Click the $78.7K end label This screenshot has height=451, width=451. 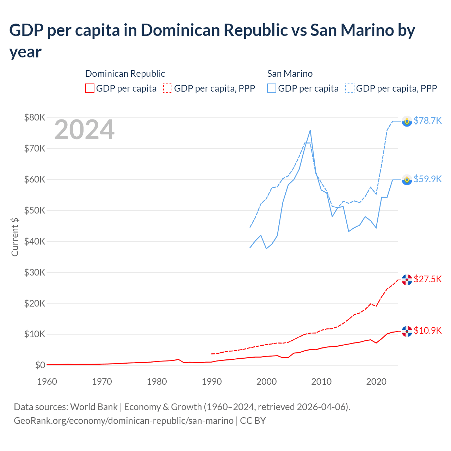point(427,121)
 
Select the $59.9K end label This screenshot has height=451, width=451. point(427,179)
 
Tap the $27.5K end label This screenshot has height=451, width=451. point(427,279)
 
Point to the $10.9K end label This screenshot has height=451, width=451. point(427,330)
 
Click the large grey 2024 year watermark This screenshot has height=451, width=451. point(84,130)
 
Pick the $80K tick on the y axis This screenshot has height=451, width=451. point(35,117)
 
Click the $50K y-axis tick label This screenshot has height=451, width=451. point(35,210)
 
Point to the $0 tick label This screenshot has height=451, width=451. point(40,365)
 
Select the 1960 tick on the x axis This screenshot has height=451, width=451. point(47,382)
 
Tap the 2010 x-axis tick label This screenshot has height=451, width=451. point(321,382)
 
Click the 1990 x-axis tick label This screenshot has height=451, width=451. point(211,382)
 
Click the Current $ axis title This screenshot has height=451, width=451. point(15,237)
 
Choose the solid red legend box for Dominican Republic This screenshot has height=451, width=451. point(90,88)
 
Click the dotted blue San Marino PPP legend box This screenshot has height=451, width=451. point(350,88)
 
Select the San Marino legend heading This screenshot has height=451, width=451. point(290,74)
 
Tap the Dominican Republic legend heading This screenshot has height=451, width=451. point(125,74)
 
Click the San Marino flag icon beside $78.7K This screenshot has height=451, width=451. point(407,121)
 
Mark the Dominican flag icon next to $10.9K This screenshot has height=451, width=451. point(407,331)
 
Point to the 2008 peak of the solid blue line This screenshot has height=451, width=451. point(310,130)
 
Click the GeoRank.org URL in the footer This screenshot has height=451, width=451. point(123,421)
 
